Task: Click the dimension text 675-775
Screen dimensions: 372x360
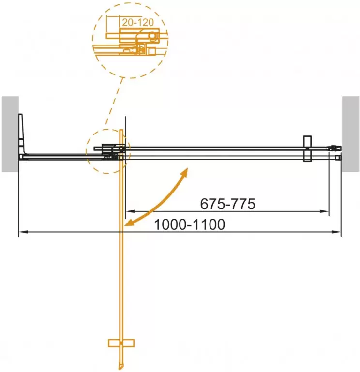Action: click(227, 204)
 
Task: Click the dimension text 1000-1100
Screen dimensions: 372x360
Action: click(190, 225)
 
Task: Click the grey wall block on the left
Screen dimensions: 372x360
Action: click(10, 134)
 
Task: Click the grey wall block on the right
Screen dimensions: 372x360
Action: click(351, 134)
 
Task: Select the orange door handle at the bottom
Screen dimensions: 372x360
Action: click(120, 343)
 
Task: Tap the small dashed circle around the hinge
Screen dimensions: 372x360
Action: click(107, 151)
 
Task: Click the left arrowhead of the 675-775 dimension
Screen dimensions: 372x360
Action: click(129, 211)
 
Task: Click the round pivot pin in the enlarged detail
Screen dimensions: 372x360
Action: click(153, 36)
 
